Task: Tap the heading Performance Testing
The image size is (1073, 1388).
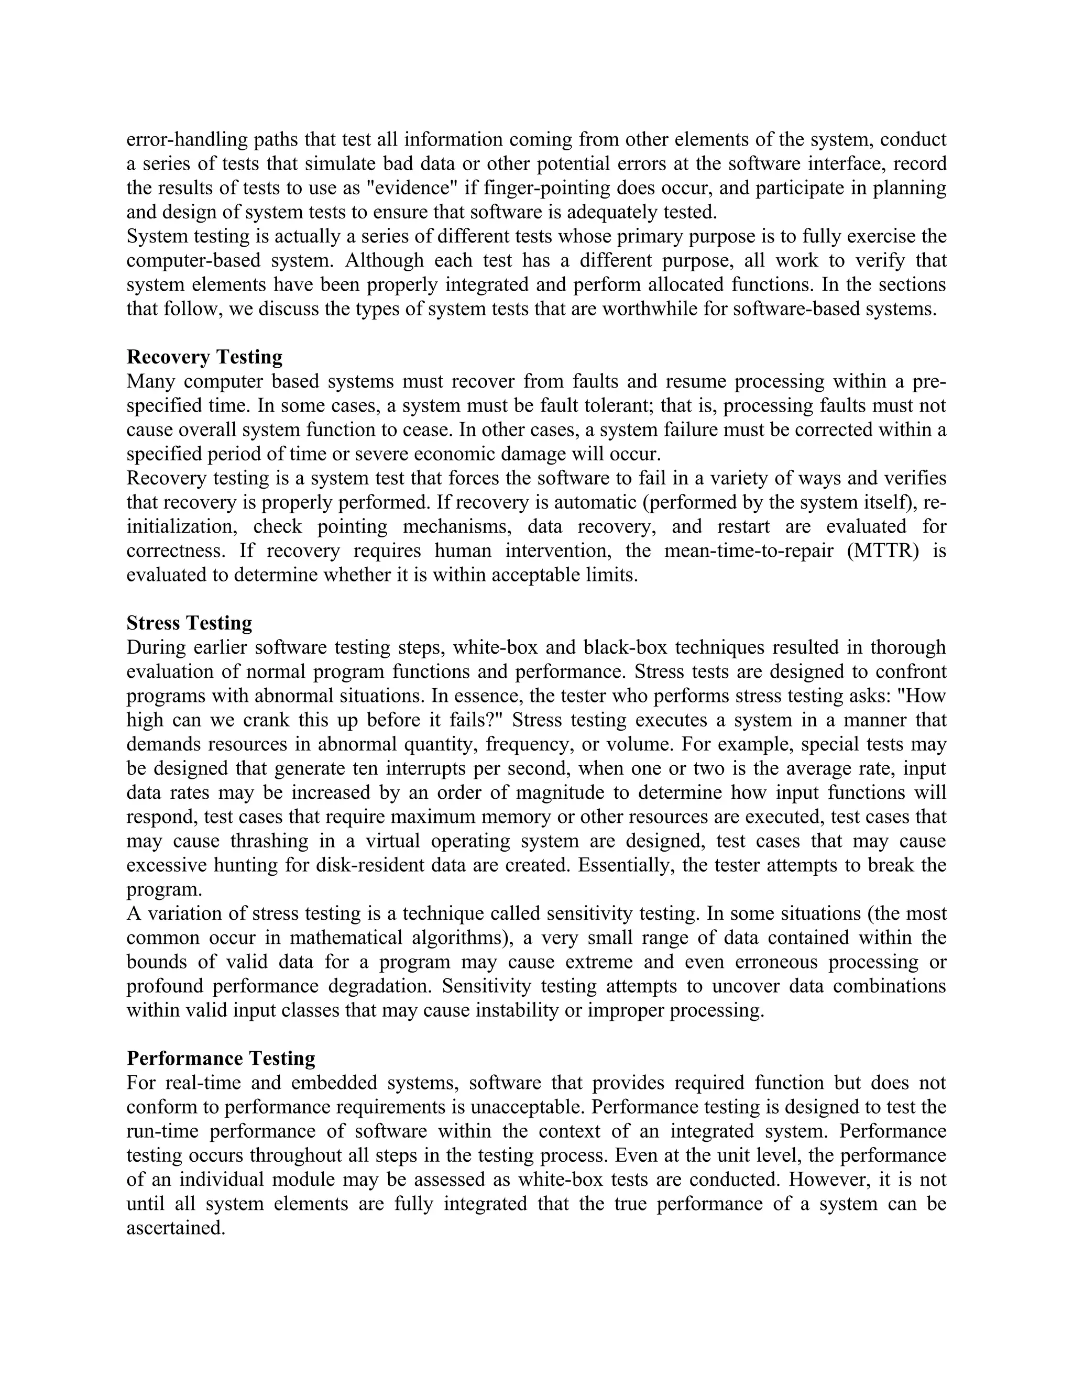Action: (221, 1059)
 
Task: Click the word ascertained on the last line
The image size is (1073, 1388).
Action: (176, 1228)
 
